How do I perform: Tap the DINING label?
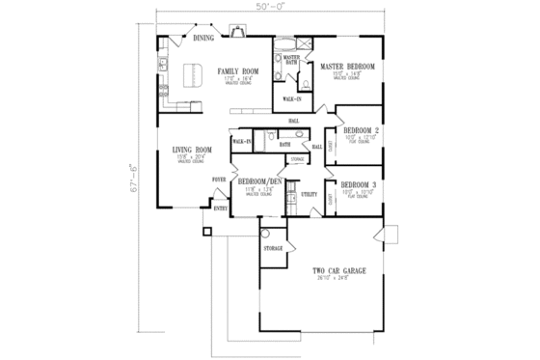point(203,38)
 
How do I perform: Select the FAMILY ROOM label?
point(238,71)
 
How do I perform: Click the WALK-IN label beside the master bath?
point(291,98)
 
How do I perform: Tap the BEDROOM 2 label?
point(359,130)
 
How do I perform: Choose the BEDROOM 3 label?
point(359,183)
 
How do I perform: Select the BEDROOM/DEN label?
point(260,181)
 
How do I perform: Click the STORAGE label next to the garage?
point(274,249)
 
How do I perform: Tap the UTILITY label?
point(310,194)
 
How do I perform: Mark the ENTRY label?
point(221,209)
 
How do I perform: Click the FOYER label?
point(220,180)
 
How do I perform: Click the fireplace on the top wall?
point(236,33)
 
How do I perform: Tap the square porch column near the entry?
point(205,232)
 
